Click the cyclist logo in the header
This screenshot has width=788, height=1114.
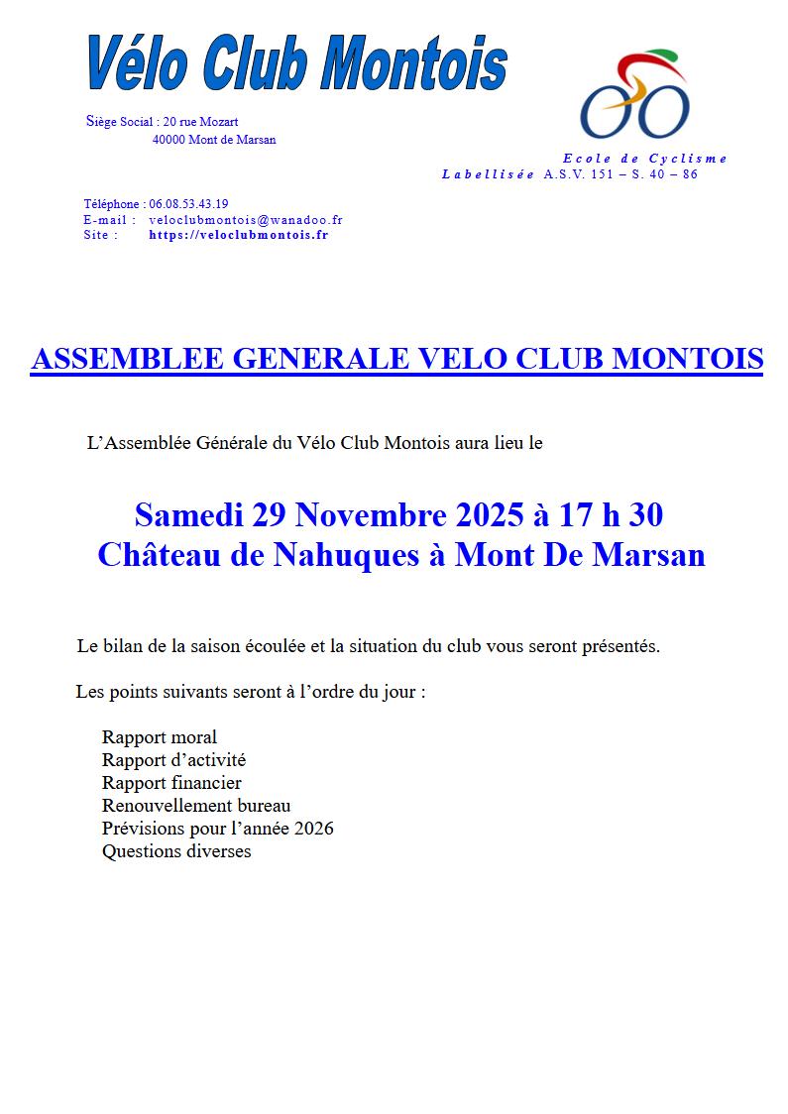click(634, 95)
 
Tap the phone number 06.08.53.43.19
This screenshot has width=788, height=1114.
click(189, 204)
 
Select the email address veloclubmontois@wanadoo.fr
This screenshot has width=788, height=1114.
click(245, 220)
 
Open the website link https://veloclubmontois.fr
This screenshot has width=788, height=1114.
click(238, 235)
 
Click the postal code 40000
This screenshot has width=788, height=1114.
click(169, 140)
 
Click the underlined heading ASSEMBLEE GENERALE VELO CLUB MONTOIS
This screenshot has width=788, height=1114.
click(396, 359)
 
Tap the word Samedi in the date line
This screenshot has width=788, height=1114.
click(189, 515)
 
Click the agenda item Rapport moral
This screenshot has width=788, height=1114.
click(159, 737)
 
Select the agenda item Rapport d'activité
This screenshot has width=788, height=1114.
click(173, 760)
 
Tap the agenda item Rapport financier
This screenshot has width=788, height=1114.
click(171, 783)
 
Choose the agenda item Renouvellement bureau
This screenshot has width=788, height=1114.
click(196, 806)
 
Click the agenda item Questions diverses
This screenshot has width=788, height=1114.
click(176, 851)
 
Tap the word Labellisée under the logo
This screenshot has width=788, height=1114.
click(488, 174)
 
